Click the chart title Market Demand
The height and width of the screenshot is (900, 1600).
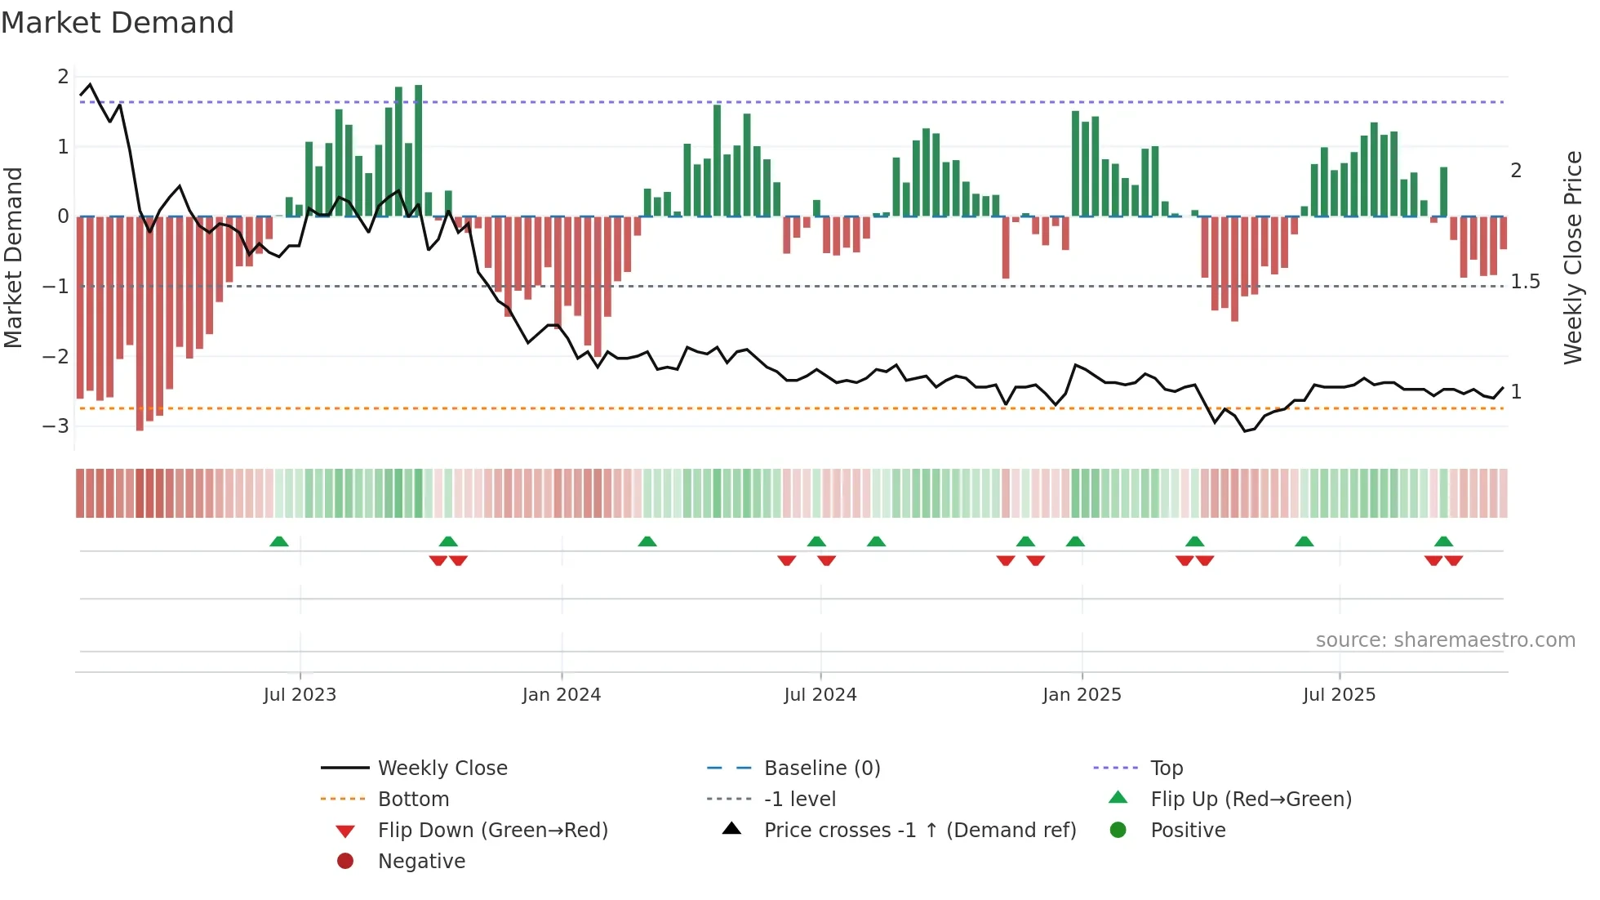tap(118, 23)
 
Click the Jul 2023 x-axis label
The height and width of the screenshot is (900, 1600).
tap(300, 695)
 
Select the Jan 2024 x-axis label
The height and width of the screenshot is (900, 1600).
tap(562, 695)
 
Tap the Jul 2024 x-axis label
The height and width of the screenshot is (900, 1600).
tap(820, 695)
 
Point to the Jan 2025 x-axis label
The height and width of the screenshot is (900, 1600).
tap(1082, 695)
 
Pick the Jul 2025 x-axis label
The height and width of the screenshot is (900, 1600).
tap(1339, 695)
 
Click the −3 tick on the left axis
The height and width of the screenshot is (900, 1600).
tap(56, 426)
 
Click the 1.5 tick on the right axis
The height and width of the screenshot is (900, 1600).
tap(1525, 282)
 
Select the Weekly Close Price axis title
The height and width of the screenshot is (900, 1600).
tap(1572, 257)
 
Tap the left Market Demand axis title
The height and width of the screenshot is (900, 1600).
tap(14, 257)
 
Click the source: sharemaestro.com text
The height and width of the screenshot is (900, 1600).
tap(1445, 640)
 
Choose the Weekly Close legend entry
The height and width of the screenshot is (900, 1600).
tap(442, 769)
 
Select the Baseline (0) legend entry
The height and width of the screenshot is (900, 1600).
tap(822, 769)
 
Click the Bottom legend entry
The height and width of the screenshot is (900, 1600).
tap(413, 800)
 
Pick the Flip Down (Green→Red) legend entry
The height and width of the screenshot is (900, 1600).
tap(492, 831)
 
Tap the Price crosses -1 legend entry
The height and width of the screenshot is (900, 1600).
tap(920, 831)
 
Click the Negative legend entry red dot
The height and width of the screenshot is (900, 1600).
tap(345, 862)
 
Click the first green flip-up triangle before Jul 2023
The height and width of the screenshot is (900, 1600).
tap(279, 541)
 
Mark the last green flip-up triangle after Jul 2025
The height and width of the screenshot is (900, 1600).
tap(1443, 541)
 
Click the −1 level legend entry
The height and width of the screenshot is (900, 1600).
tap(800, 800)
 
